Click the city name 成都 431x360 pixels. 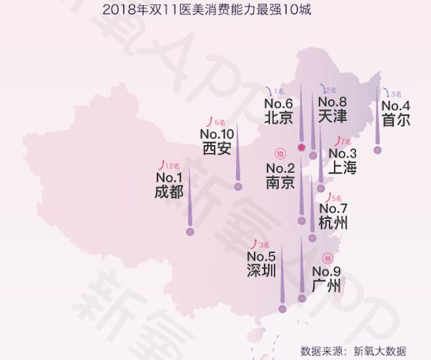point(168,192)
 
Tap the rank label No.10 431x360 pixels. point(217,134)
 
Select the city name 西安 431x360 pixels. point(217,148)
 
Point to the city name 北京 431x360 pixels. point(278,117)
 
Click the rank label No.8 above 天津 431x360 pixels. point(332,103)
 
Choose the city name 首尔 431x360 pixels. point(396,120)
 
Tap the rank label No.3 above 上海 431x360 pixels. point(342,153)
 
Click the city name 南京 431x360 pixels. point(280,182)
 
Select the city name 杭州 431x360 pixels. point(333,222)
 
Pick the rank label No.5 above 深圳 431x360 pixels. point(261,256)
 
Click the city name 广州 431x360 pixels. point(325,286)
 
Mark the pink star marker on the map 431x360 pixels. point(301,147)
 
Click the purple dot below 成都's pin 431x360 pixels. point(190,232)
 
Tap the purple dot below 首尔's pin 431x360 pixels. point(378,150)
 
